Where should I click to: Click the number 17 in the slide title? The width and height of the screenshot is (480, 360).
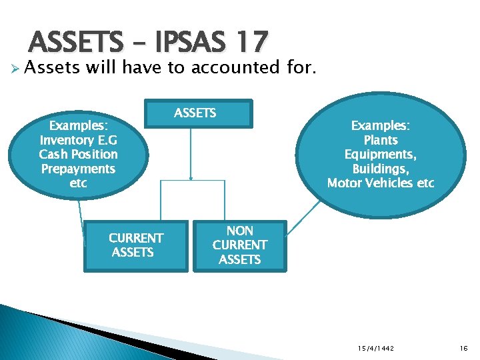pos(251,43)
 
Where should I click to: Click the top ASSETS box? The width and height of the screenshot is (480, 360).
pos(195,113)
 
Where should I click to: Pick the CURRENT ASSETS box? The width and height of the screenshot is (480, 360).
pos(135,245)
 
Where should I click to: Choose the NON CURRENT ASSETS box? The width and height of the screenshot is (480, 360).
pos(239,245)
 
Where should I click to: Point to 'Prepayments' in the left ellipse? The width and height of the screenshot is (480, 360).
pos(78,169)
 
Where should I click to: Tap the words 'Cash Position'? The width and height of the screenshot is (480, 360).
pos(78,154)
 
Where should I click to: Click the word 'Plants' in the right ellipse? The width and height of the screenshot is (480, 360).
pos(381,140)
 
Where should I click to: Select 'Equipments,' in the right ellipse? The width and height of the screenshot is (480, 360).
pos(381,154)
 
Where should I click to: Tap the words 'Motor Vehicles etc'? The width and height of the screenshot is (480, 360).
pos(381,183)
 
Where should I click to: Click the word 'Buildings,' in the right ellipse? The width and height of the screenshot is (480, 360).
pos(381,169)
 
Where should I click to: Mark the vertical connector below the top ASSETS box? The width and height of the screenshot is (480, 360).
pos(191,153)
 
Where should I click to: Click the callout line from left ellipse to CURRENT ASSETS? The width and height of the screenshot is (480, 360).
pos(82,217)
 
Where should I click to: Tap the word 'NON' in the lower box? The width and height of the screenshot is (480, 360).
pos(239,231)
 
